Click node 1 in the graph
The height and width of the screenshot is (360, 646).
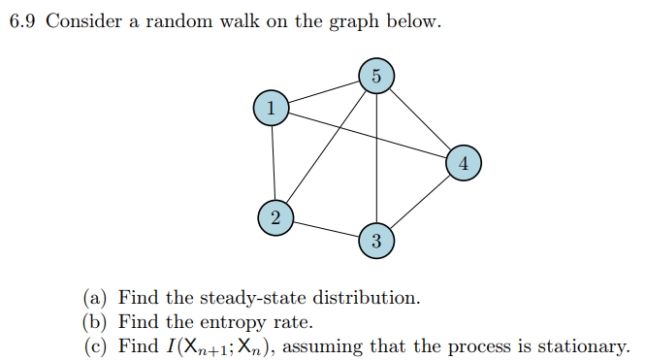pyautogui.click(x=272, y=109)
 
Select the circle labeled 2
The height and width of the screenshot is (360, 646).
pyautogui.click(x=275, y=218)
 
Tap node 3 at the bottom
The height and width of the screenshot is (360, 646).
pyautogui.click(x=376, y=240)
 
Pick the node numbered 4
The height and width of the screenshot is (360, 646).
pyautogui.click(x=464, y=163)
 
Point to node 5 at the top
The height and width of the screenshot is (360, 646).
pyautogui.click(x=376, y=76)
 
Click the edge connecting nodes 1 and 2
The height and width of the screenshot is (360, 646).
pyautogui.click(x=274, y=163)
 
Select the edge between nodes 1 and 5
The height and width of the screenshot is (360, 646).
pyautogui.click(x=324, y=92)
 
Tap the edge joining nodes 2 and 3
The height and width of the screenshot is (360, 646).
pyautogui.click(x=326, y=229)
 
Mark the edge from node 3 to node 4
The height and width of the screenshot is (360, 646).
pyautogui.click(x=420, y=202)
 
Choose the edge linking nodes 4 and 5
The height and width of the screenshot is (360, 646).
pyautogui.click(x=420, y=119)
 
